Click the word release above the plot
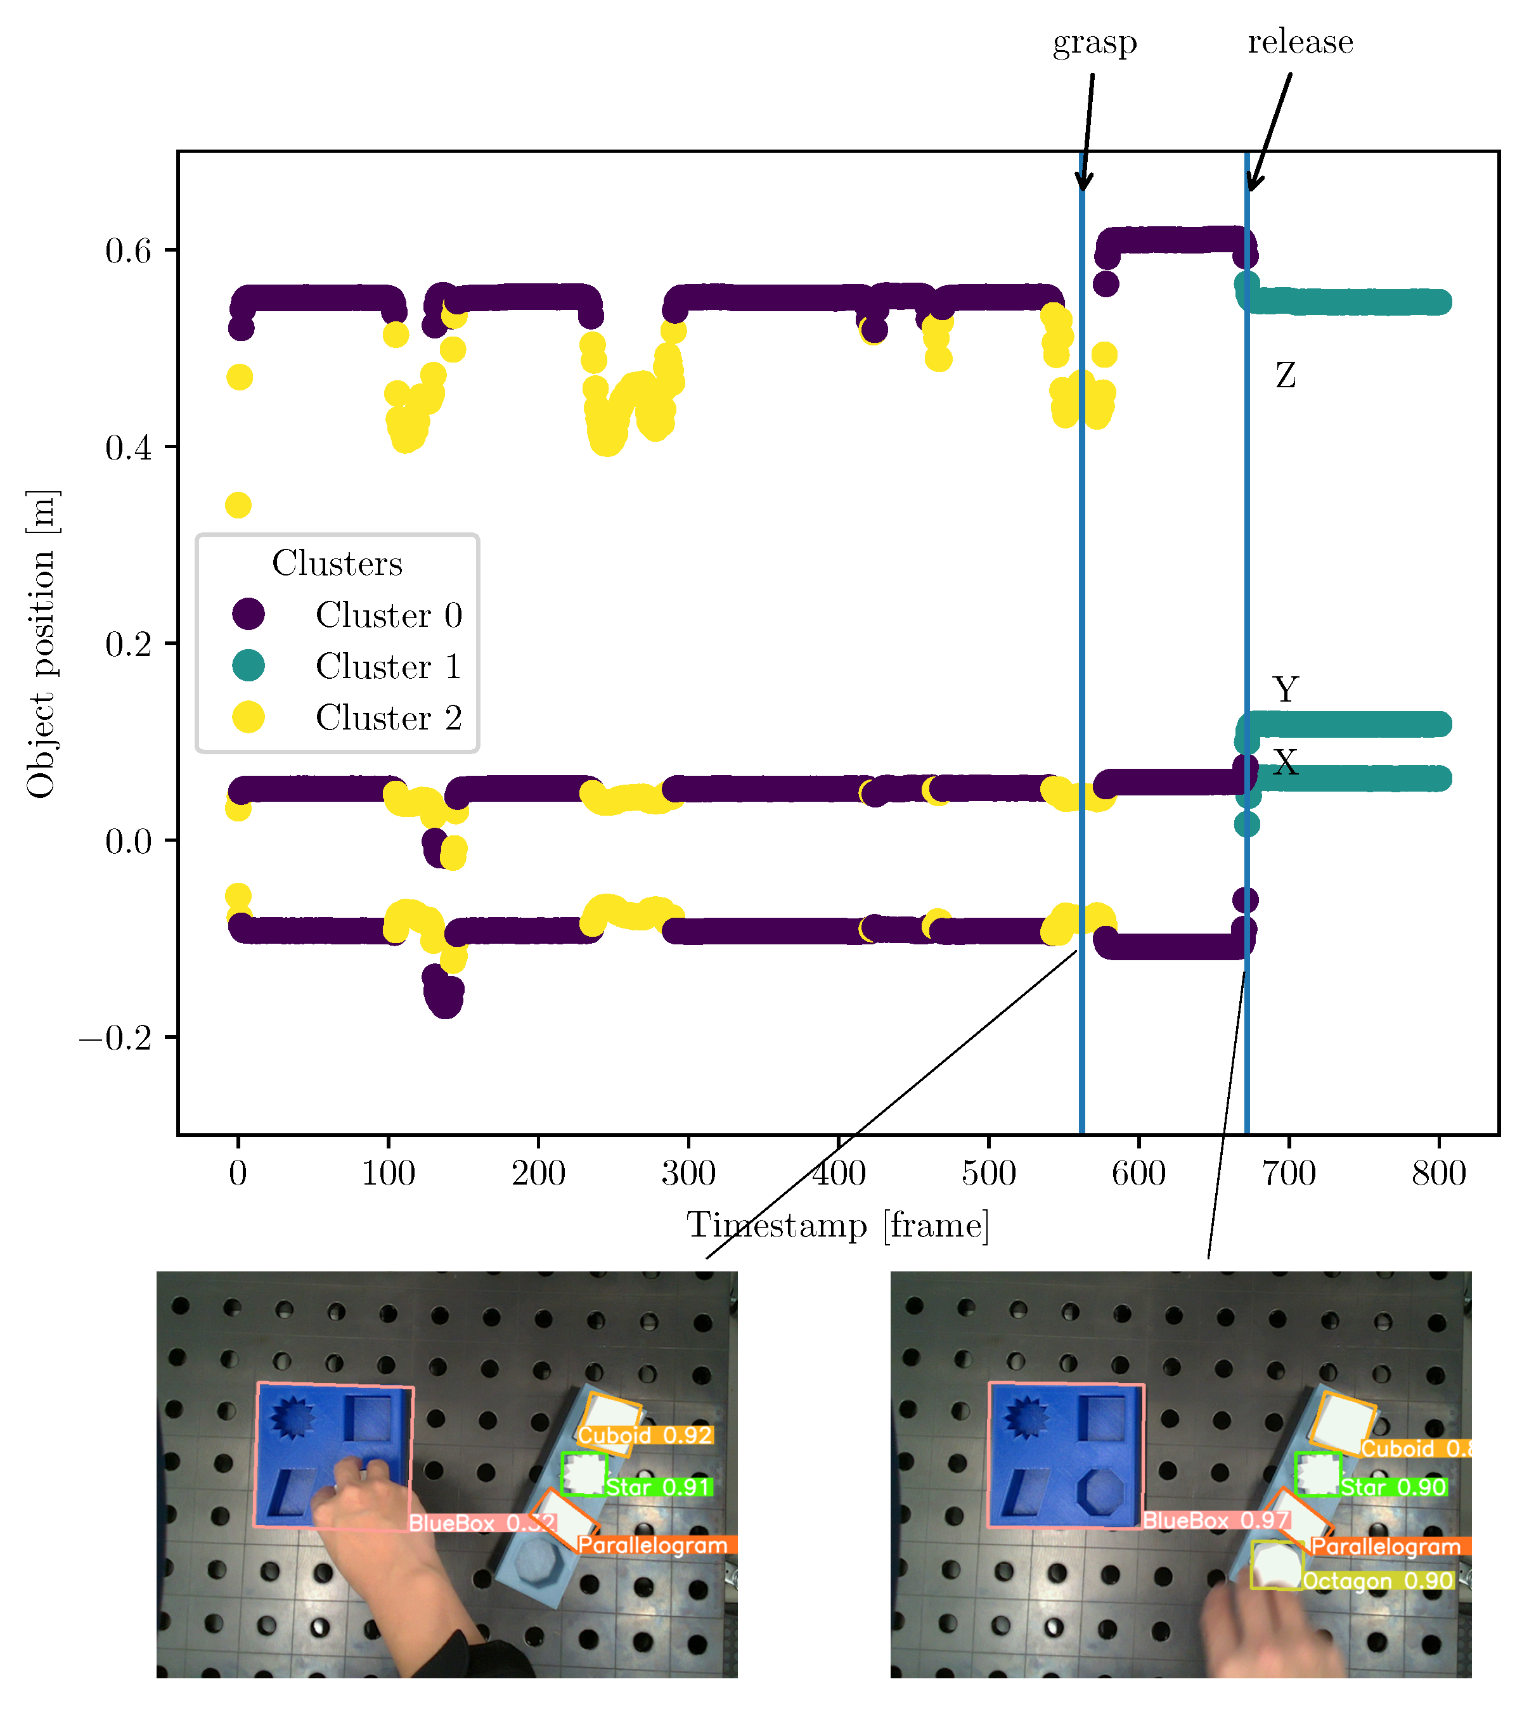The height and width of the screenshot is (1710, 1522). [x=1300, y=42]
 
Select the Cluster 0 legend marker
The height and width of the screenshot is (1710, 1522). [x=248, y=615]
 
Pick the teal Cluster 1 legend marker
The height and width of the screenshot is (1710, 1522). [x=248, y=666]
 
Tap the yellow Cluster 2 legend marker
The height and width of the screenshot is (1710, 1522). [x=248, y=717]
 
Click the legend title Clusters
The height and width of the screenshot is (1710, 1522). [x=337, y=563]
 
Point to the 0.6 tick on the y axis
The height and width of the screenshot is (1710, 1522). [x=128, y=250]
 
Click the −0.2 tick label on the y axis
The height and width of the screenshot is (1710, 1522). [x=115, y=1038]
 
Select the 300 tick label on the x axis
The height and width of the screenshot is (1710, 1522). [x=688, y=1174]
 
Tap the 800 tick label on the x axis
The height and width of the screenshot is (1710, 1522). [x=1438, y=1174]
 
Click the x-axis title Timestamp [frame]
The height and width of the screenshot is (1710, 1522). [x=837, y=1226]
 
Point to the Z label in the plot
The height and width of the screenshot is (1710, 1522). [x=1285, y=376]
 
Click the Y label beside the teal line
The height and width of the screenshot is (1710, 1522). [x=1285, y=690]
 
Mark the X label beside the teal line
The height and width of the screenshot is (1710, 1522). [x=1285, y=762]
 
